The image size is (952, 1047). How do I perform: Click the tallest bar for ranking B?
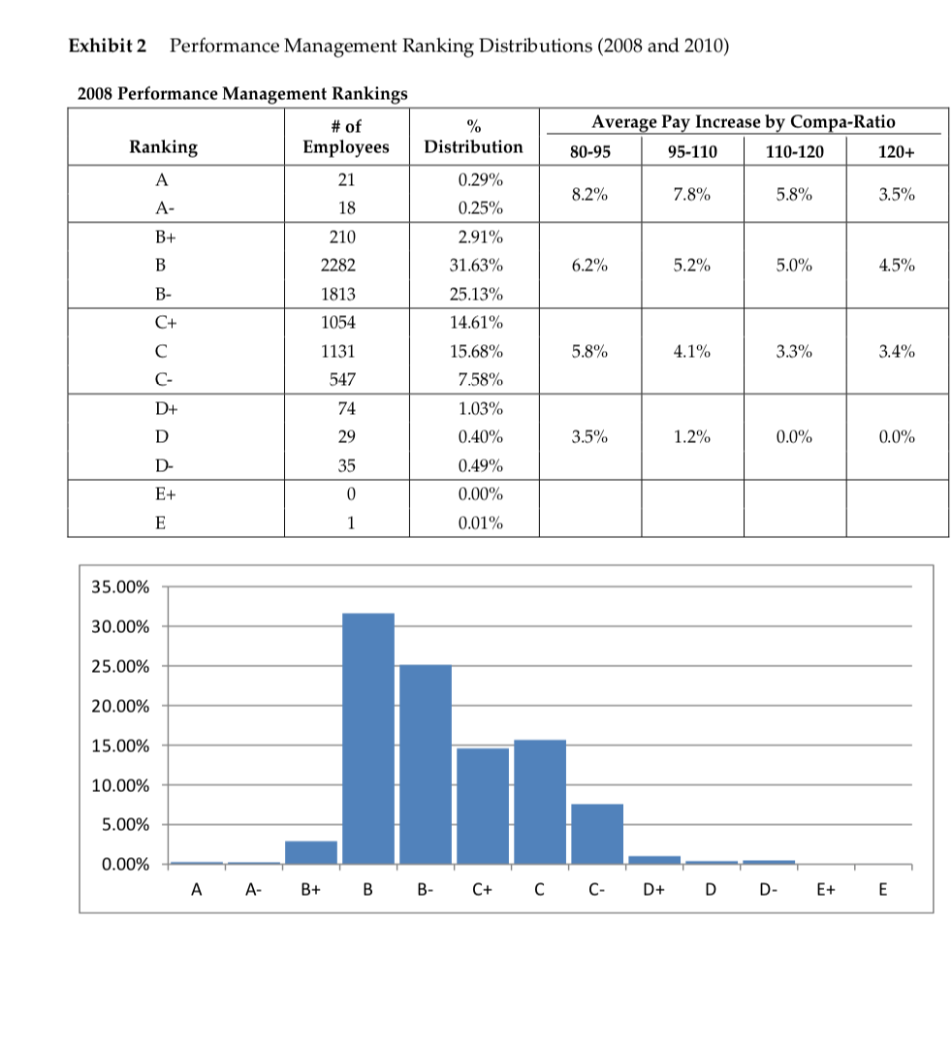pos(368,737)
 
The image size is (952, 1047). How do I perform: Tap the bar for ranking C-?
pos(597,833)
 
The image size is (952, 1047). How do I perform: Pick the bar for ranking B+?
pos(311,852)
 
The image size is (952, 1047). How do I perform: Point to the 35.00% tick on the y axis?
pos(120,587)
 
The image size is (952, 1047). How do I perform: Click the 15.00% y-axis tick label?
pos(120,746)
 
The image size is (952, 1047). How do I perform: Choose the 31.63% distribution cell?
pos(475,265)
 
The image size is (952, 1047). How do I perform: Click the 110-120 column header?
pos(795,150)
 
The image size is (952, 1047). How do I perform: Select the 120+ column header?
pos(896,150)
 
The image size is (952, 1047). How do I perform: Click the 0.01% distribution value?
pos(475,523)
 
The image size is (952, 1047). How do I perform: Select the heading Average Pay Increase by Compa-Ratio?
pos(744,122)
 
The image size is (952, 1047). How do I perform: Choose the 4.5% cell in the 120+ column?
pos(896,265)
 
